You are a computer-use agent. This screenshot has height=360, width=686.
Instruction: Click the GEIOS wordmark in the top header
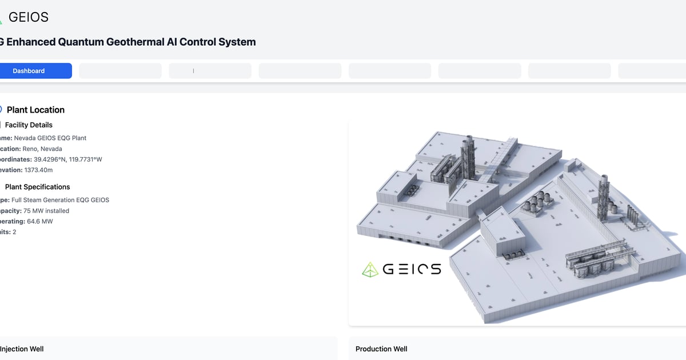coord(29,17)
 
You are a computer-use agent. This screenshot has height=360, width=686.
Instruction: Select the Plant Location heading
coord(35,110)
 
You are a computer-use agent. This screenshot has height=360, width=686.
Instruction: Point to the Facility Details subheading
coord(29,125)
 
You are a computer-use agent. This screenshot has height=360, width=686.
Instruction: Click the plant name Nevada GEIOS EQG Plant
coord(50,138)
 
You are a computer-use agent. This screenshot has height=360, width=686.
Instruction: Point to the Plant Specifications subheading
coord(37,187)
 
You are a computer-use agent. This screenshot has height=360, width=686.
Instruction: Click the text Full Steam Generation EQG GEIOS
coord(60,200)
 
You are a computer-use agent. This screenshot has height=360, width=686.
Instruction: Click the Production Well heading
coord(381,349)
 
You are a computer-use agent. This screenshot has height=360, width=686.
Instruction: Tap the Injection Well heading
coord(22,349)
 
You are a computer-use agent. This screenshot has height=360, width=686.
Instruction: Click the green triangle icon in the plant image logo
coord(370,269)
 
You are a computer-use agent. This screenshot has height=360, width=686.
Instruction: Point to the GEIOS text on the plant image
coord(412,269)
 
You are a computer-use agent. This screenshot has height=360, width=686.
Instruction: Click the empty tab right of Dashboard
coord(120,71)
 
